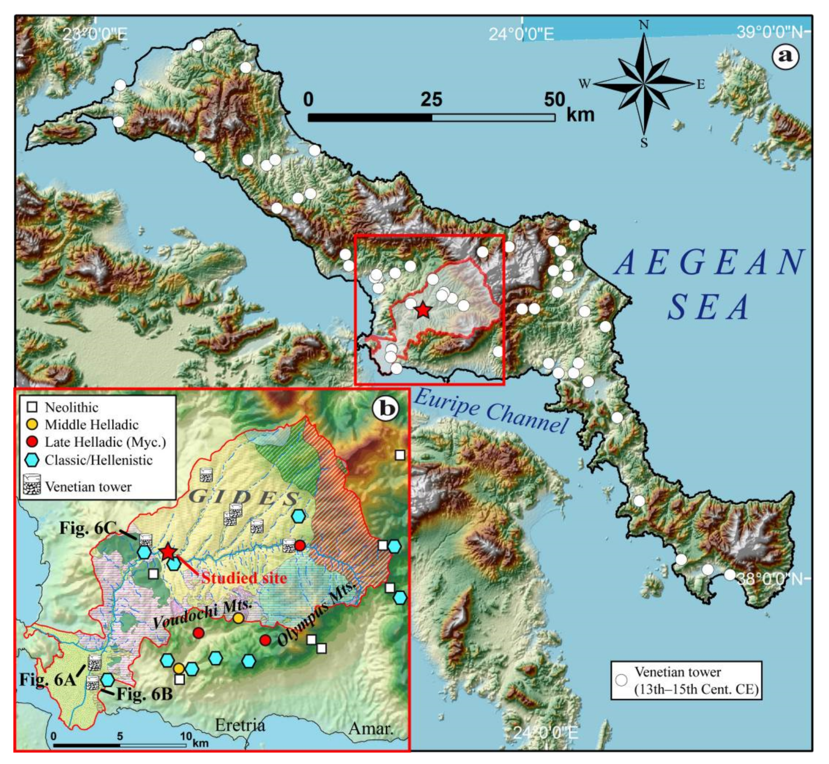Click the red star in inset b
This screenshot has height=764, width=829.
tap(167, 552)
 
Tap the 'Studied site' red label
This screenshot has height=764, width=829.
tap(244, 578)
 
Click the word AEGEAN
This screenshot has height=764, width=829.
tap(709, 262)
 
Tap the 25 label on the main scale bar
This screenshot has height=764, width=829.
tap(432, 99)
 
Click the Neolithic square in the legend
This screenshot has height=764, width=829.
tap(32, 407)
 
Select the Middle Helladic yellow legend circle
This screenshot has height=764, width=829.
tap(32, 425)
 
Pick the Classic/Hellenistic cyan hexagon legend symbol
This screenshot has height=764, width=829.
tap(32, 460)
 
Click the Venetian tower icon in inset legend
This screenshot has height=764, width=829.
tap(32, 485)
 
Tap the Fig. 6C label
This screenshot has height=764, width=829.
tap(88, 528)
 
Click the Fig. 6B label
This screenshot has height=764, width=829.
tap(144, 694)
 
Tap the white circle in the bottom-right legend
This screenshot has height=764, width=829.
tap(621, 680)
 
